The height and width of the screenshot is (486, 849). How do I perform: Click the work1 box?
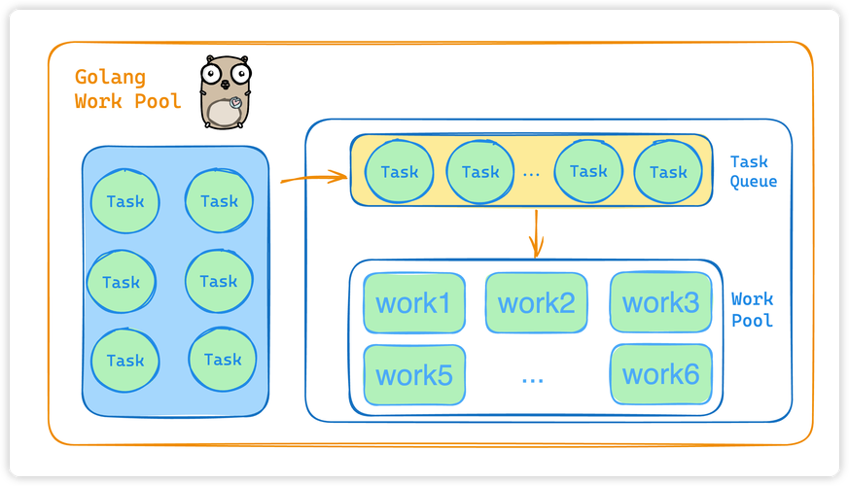(413, 303)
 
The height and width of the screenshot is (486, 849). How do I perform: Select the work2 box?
(536, 303)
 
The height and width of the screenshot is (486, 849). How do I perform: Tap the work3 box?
(660, 302)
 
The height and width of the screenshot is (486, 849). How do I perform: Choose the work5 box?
(413, 374)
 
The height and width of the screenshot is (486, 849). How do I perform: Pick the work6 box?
(660, 374)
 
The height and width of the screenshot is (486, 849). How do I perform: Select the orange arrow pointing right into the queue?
(313, 178)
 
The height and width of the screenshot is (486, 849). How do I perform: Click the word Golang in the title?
(110, 78)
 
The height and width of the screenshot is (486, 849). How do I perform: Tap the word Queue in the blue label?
(753, 182)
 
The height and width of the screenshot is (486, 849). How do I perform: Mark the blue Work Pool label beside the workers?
(752, 310)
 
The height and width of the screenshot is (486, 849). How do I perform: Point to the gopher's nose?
(226, 85)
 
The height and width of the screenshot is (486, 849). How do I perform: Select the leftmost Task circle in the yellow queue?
(399, 172)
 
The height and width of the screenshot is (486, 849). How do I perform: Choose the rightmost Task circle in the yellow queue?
(668, 172)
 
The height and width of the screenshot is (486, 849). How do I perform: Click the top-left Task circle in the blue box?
(124, 202)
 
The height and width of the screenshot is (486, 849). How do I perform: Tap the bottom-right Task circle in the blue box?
(222, 360)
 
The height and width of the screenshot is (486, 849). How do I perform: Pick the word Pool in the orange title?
(160, 100)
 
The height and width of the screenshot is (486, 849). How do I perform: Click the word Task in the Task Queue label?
(749, 162)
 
